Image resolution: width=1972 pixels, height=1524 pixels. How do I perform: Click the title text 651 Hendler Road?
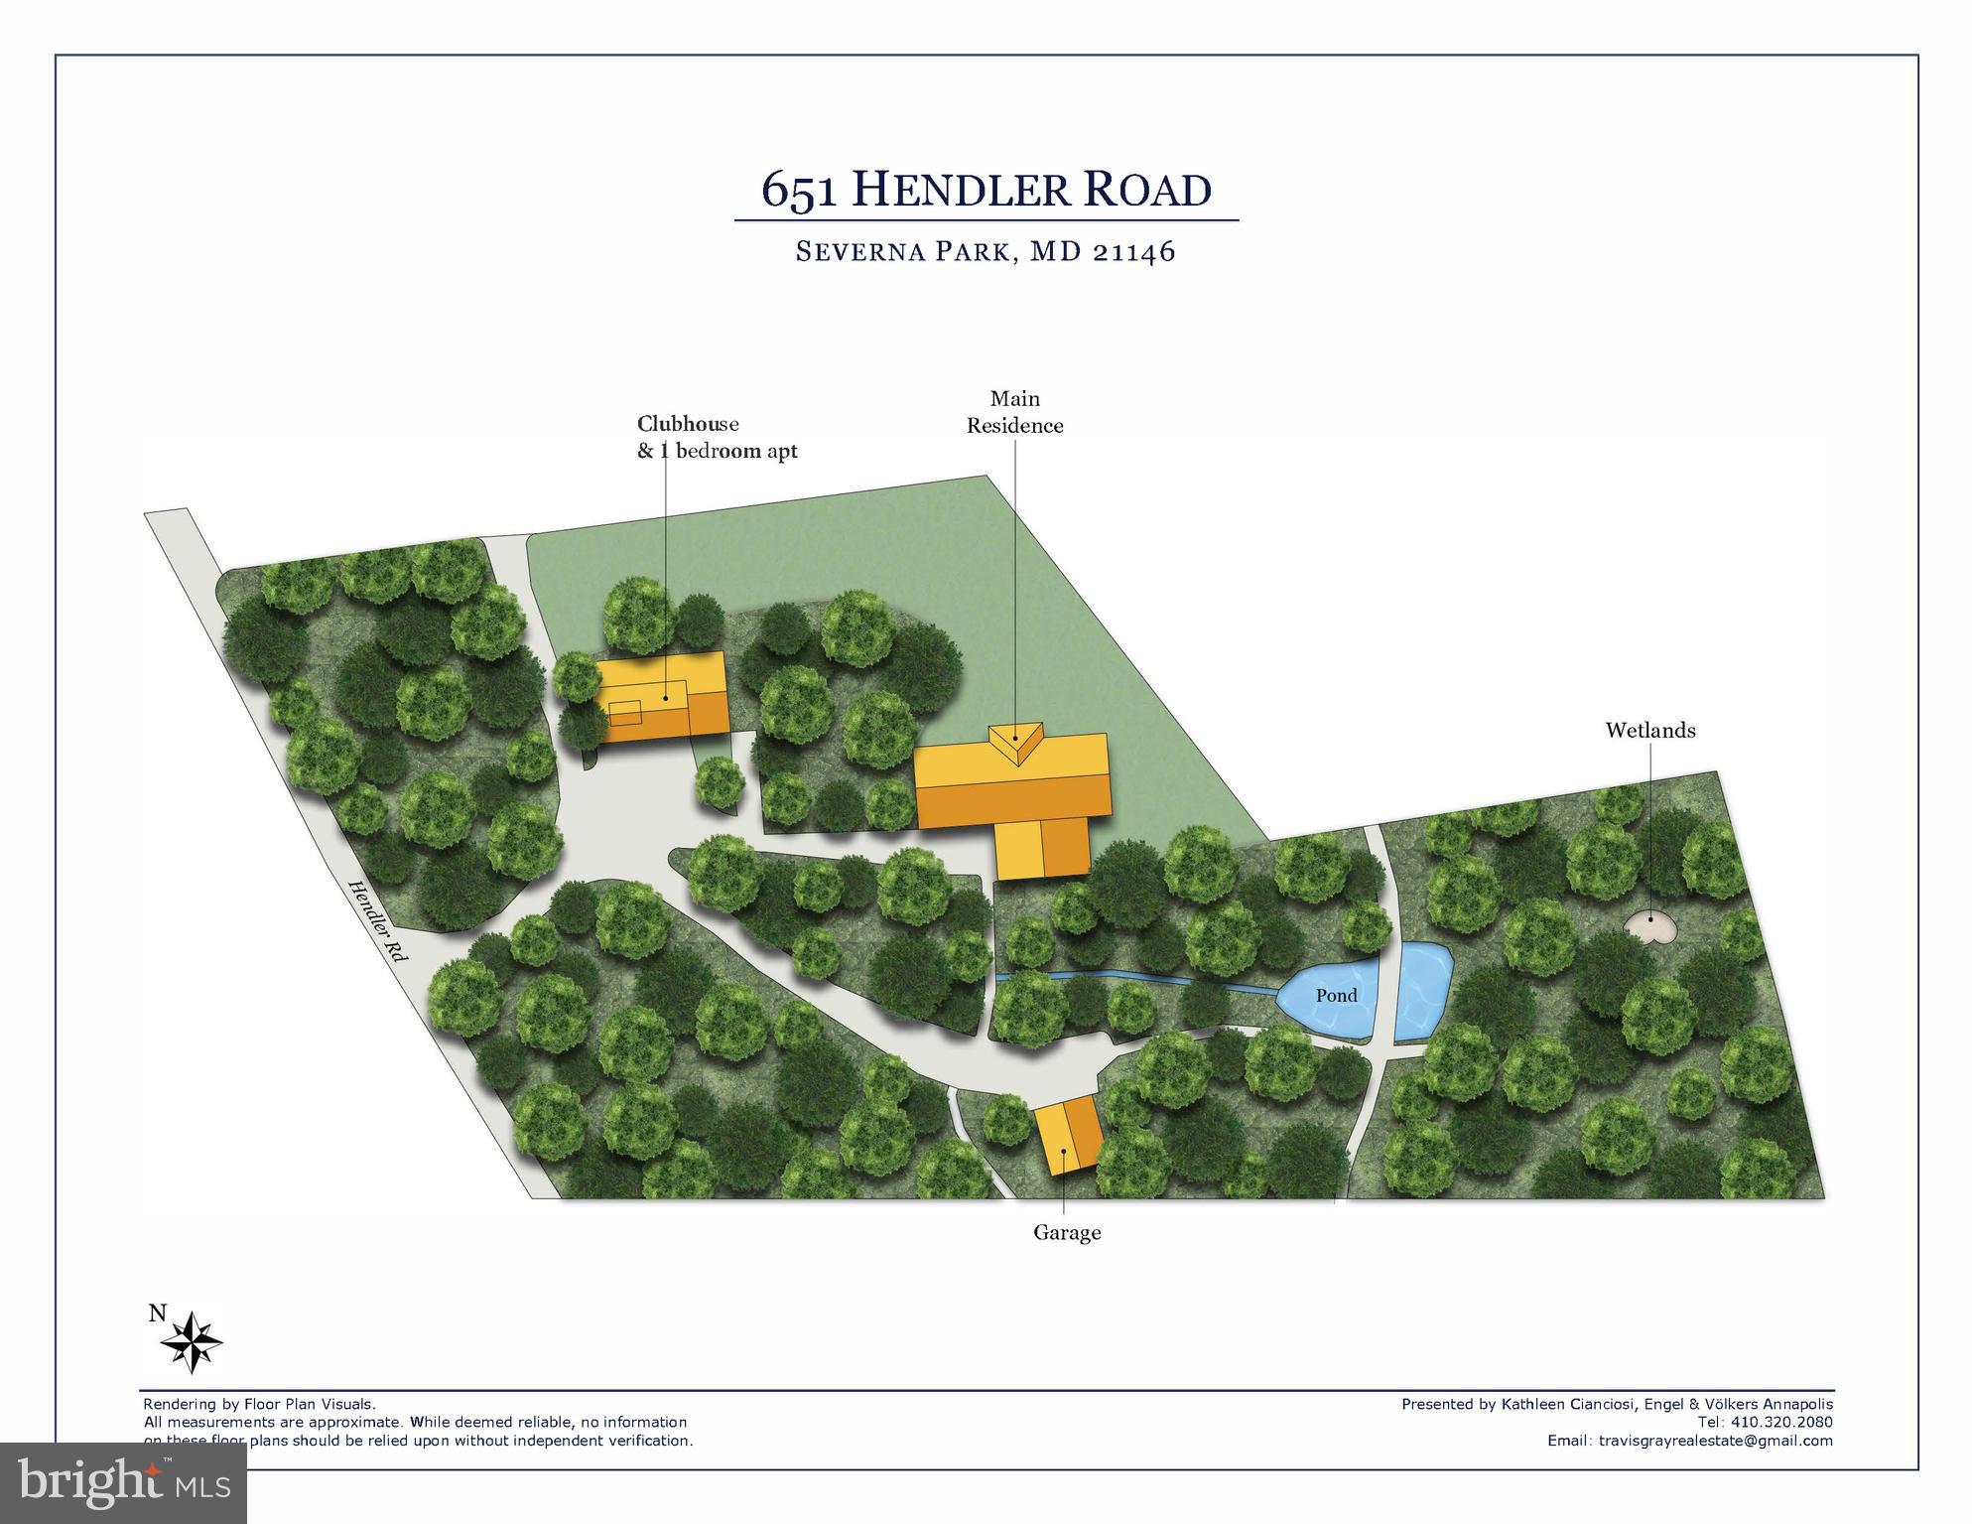[x=986, y=189]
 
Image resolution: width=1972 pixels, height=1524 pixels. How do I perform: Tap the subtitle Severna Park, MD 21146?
[x=986, y=251]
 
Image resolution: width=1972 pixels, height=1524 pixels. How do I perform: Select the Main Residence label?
[x=1014, y=412]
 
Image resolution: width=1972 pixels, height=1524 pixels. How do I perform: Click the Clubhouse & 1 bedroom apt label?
[x=717, y=437]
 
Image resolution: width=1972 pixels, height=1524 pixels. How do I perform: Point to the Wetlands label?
[x=1650, y=731]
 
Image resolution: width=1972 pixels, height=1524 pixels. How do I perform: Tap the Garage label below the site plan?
[x=1067, y=1233]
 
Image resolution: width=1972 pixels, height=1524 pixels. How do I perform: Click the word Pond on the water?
[x=1336, y=995]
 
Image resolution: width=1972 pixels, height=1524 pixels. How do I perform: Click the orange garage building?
[x=1068, y=1136]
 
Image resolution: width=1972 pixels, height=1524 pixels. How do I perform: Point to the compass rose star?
[x=192, y=1341]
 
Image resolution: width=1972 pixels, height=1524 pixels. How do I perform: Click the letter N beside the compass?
[x=157, y=1314]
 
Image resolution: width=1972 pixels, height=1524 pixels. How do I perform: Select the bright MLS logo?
[x=123, y=1482]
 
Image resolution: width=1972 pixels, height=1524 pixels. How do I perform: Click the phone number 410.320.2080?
[x=1778, y=1423]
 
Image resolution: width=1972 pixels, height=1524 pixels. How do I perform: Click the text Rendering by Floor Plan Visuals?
[x=260, y=1404]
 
